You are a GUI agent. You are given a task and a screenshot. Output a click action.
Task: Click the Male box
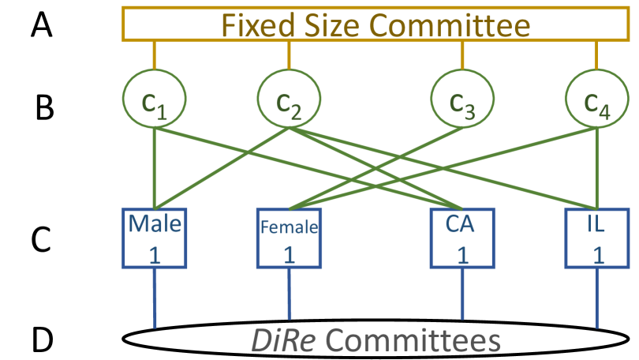pos(155,238)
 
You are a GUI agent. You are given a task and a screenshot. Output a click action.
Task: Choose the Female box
pos(289,238)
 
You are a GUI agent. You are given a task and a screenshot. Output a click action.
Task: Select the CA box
pos(462,238)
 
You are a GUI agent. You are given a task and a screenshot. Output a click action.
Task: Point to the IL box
pos(596,238)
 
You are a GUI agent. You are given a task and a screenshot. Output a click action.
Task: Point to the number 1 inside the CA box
pos(462,254)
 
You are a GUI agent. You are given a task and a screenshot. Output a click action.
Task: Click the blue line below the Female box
pos(289,296)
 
